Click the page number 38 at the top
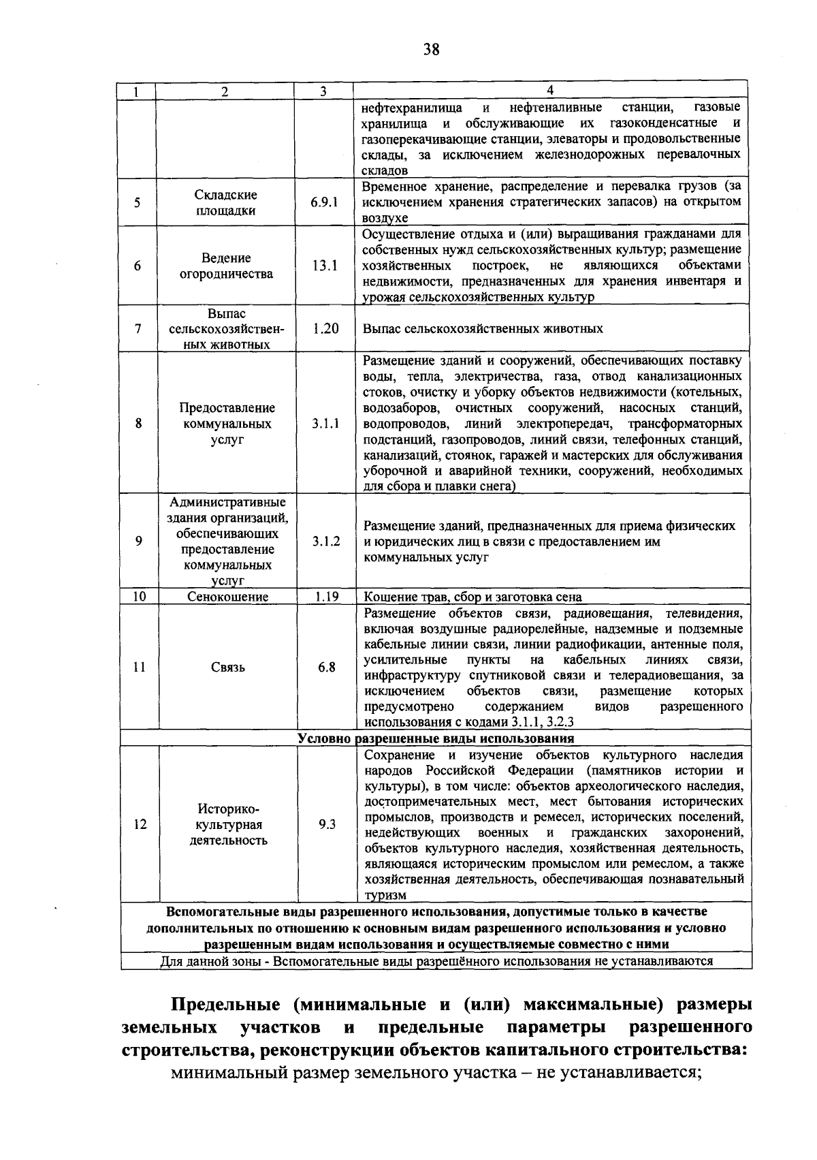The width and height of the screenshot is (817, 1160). point(431,49)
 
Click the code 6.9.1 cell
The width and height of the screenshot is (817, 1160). point(324,203)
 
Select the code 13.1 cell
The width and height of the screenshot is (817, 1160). point(325,266)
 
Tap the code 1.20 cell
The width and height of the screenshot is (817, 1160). point(325,328)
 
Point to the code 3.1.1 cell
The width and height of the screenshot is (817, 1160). point(326,424)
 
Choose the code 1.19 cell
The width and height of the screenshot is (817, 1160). point(327,597)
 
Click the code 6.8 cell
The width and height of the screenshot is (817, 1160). point(327,668)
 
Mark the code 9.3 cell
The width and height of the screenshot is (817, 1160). point(327,824)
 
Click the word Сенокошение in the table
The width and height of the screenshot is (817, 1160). point(228,597)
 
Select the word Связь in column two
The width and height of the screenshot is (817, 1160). point(228,668)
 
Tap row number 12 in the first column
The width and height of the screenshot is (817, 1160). point(140,824)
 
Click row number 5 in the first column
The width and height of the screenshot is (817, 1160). point(138,203)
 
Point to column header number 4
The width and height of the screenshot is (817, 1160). point(550,91)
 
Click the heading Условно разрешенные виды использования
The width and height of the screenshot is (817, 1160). point(436,738)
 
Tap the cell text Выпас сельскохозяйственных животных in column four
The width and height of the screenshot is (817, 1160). point(483,329)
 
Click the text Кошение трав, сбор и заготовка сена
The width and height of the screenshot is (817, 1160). point(473,597)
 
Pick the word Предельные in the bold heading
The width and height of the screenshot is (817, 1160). point(222,1005)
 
